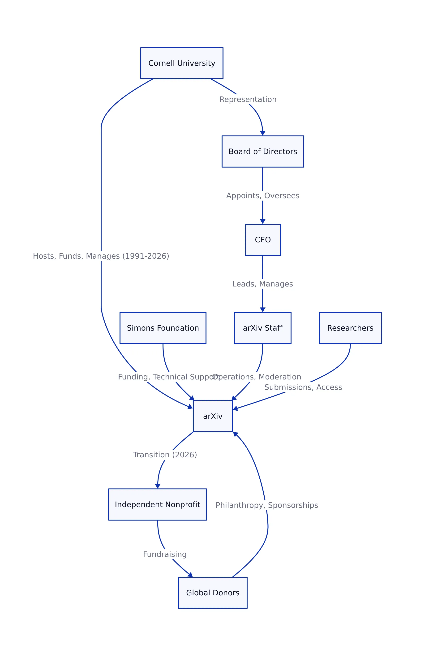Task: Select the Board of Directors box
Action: pos(263,151)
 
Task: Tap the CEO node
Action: pos(263,240)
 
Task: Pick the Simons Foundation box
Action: pos(163,328)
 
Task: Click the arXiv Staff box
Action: pos(262,328)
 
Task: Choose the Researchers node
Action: pos(350,328)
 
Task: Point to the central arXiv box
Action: pos(213,416)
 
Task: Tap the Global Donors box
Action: pos(213,593)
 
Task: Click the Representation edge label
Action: pos(248,99)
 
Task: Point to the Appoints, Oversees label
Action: pos(263,195)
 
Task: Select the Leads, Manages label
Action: pos(263,284)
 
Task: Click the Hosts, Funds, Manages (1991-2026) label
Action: pos(101,256)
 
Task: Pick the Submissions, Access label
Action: pos(303,387)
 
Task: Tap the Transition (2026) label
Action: pos(165,454)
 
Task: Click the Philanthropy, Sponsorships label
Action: pos(267,505)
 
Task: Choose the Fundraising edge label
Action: pos(165,554)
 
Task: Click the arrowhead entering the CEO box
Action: pos(263,222)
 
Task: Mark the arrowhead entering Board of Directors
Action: pos(263,133)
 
